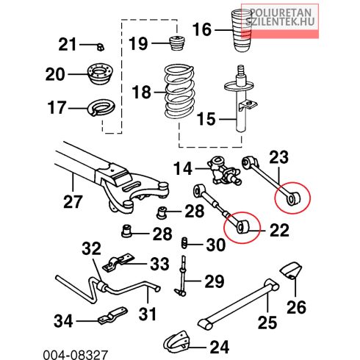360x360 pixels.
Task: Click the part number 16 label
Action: (x=201, y=29)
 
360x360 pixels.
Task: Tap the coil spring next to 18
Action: (x=180, y=92)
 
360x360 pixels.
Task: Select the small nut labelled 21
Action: (x=101, y=46)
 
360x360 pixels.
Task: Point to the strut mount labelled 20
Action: (x=101, y=73)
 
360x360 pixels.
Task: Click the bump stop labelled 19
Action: (x=177, y=43)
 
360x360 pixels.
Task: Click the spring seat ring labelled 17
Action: (x=101, y=108)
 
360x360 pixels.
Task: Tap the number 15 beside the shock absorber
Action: (x=206, y=119)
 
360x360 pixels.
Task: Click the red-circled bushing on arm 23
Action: (x=294, y=198)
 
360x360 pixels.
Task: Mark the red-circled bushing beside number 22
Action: (x=244, y=226)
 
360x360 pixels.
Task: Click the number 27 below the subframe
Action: (x=72, y=201)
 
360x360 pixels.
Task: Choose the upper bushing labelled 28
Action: (x=162, y=212)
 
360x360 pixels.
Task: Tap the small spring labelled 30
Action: (x=184, y=242)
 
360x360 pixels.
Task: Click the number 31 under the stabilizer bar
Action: (x=147, y=314)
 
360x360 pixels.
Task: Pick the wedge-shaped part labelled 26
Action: (x=291, y=271)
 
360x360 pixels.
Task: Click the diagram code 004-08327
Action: (x=76, y=355)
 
